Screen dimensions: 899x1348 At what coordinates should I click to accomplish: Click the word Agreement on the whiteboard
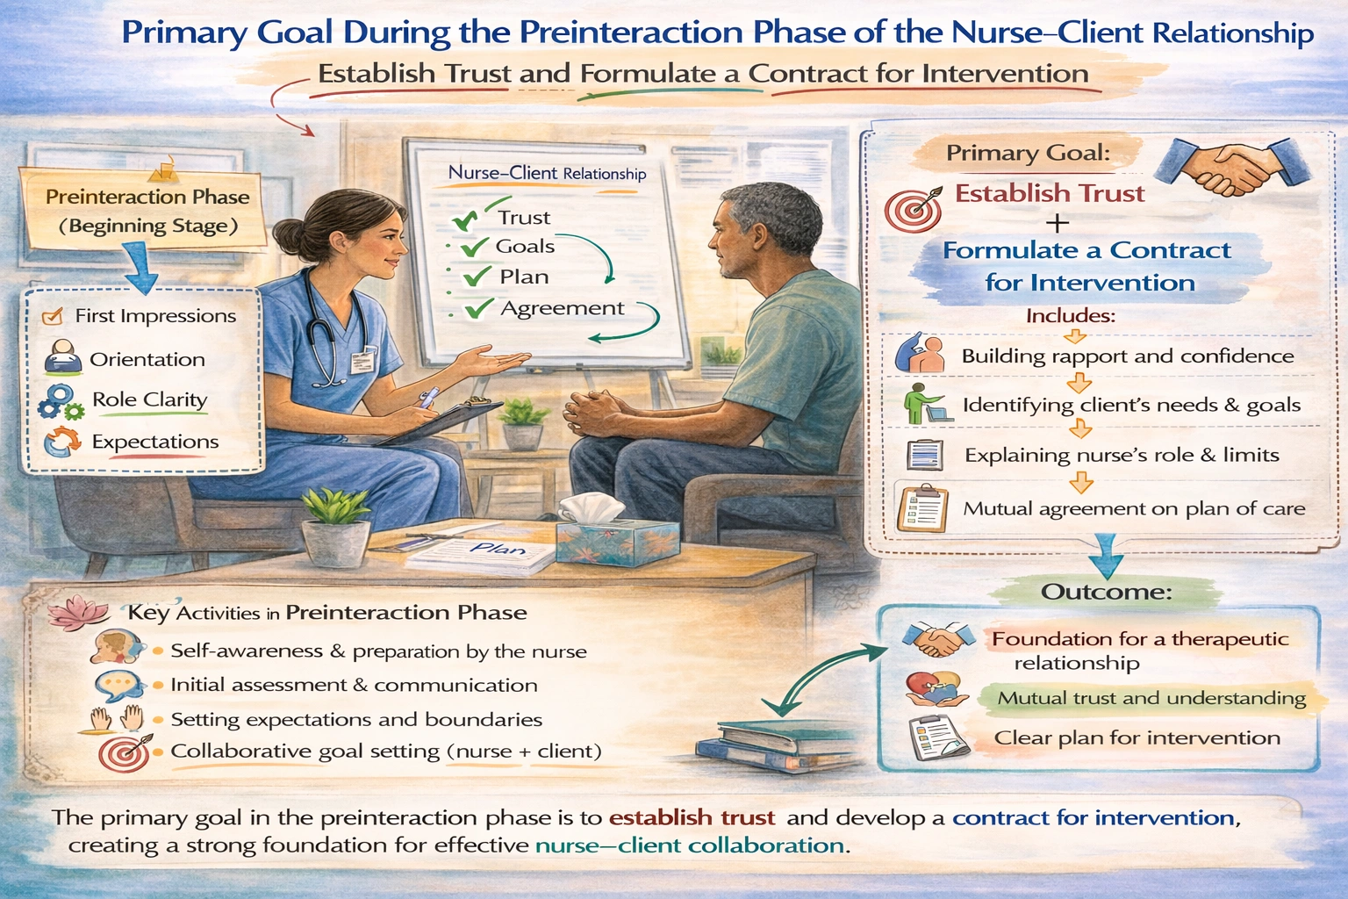pos(562,308)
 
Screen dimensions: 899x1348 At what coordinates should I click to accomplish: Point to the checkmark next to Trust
pos(464,218)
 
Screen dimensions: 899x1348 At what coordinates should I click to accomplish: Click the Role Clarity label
pos(150,399)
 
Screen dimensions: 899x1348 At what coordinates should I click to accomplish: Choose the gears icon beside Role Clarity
pos(61,402)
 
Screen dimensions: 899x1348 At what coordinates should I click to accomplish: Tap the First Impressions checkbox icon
pos(53,316)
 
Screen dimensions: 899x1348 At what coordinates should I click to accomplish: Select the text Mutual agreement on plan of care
pos(1134,509)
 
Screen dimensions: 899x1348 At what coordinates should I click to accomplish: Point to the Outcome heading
pos(1106,592)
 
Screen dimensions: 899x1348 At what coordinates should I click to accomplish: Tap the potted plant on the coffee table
pos(335,527)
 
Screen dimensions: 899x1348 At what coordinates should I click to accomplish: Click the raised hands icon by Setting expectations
pos(118,718)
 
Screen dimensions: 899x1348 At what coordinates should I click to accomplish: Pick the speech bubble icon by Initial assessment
pos(119,684)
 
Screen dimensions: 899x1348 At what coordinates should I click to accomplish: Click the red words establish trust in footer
pos(692,817)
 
